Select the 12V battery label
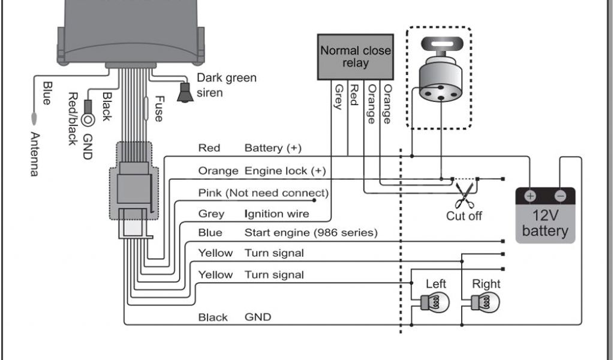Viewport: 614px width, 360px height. [x=544, y=223]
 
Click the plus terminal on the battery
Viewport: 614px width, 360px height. [x=530, y=196]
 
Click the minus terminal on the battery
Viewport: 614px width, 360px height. [x=560, y=196]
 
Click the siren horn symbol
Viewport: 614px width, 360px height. [x=185, y=93]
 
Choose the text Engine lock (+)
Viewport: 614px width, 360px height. [x=285, y=171]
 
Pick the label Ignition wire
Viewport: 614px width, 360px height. [x=276, y=214]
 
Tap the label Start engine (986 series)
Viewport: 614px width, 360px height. [x=311, y=232]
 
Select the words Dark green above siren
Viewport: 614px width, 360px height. [x=226, y=78]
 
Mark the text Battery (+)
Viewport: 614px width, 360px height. [x=273, y=148]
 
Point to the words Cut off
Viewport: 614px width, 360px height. [x=463, y=215]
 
